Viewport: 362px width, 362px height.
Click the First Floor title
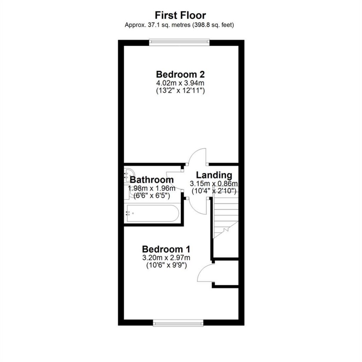pyautogui.click(x=180, y=15)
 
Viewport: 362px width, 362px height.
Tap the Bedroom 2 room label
pyautogui.click(x=180, y=74)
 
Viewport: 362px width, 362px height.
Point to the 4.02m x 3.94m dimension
pyautogui.click(x=180, y=83)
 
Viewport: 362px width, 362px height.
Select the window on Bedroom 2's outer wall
pyautogui.click(x=179, y=42)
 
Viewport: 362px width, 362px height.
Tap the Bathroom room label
pyautogui.click(x=152, y=180)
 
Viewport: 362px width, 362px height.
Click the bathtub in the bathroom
pyautogui.click(x=152, y=213)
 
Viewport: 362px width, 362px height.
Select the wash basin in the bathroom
pyautogui.click(x=129, y=174)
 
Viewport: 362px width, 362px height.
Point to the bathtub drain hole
pyautogui.click(x=133, y=213)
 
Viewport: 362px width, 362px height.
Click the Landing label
pyautogui.click(x=214, y=175)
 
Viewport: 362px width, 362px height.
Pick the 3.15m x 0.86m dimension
pyautogui.click(x=214, y=183)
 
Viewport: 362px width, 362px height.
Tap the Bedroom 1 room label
pyautogui.click(x=166, y=249)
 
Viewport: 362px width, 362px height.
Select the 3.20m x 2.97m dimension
pyautogui.click(x=166, y=257)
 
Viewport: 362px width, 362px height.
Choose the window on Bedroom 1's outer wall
pyautogui.click(x=178, y=323)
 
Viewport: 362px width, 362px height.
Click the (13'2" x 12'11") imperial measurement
pyautogui.click(x=180, y=90)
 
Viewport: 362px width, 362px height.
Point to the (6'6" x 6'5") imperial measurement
pyautogui.click(x=152, y=196)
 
